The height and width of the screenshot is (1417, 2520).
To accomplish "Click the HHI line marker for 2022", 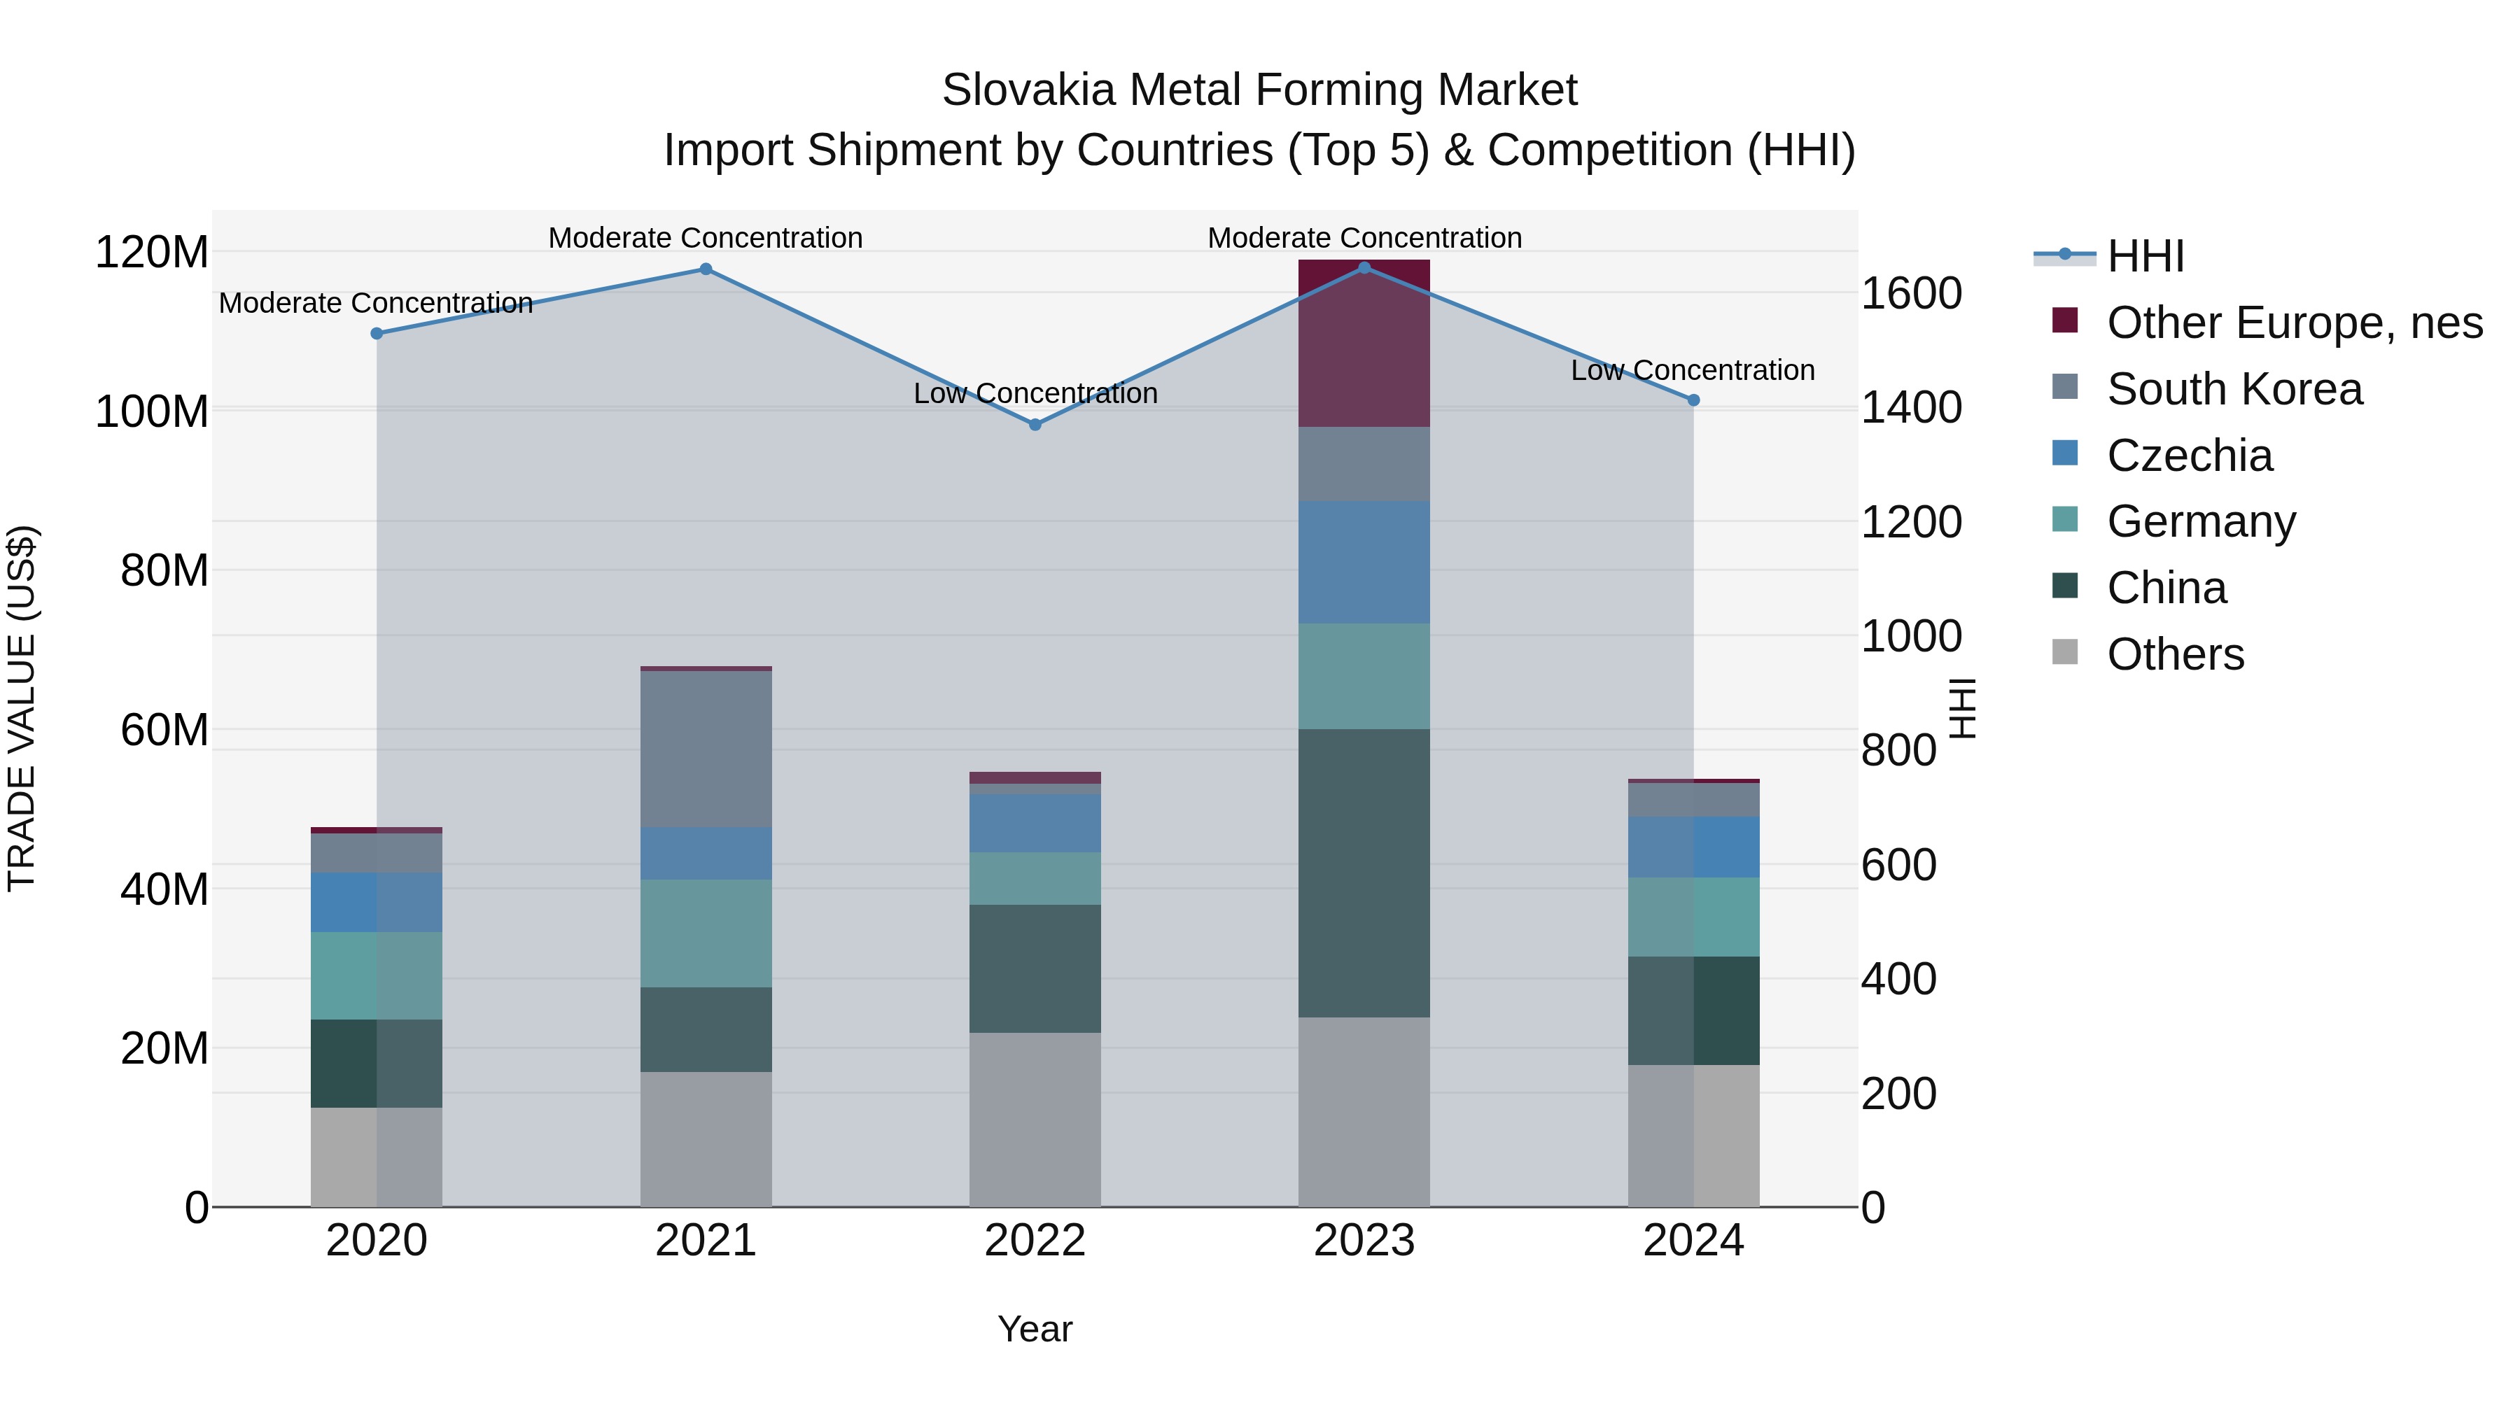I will click(1035, 425).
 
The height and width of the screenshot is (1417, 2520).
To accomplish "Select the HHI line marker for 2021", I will click(706, 269).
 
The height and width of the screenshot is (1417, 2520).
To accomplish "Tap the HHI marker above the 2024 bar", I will click(1693, 400).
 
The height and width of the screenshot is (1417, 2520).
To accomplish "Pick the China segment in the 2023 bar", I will click(1364, 873).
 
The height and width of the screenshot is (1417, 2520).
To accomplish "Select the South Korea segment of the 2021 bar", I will click(706, 748).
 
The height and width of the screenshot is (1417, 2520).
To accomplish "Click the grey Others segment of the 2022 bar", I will click(1035, 1119).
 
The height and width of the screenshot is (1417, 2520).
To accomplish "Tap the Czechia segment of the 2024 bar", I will click(1693, 847).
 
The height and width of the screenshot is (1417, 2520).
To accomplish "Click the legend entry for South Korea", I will click(2234, 389).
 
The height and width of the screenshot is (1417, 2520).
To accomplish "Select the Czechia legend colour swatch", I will click(2064, 453).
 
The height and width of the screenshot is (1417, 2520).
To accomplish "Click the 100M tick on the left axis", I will click(152, 411).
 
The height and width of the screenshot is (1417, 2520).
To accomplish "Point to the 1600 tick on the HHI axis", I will click(1910, 293).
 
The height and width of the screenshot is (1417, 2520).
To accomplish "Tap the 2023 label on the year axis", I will click(1364, 1241).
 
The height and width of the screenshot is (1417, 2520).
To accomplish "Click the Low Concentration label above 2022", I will click(1035, 393).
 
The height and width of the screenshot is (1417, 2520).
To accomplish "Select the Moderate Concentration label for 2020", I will click(376, 303).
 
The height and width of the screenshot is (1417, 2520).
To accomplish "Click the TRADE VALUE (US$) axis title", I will click(22, 708).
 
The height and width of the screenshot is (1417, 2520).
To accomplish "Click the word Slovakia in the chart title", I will click(1027, 90).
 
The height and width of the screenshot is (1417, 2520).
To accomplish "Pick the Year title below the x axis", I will click(1035, 1329).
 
